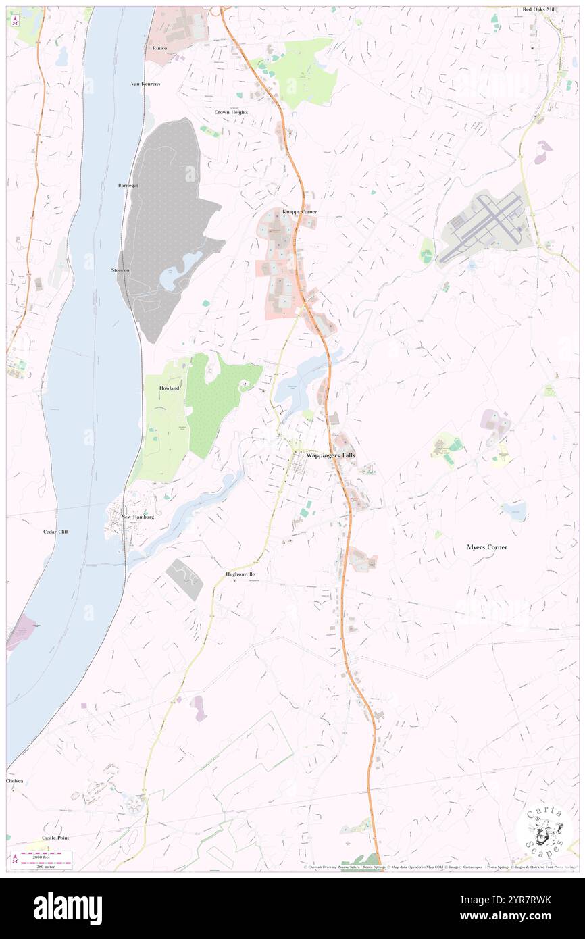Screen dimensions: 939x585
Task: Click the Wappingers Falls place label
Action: (x=330, y=455)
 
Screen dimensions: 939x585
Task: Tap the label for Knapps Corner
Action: (x=299, y=212)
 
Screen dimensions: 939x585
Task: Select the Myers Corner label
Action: (x=487, y=547)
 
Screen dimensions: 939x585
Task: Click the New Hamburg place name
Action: (x=138, y=517)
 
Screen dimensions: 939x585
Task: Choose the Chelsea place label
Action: (x=16, y=780)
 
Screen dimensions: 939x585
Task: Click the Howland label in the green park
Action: (x=170, y=388)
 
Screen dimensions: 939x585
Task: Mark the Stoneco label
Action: (x=122, y=270)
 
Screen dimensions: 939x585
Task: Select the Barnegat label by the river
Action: (x=128, y=185)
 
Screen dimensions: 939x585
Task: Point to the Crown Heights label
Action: (x=231, y=112)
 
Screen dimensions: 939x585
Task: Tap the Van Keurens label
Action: (x=145, y=84)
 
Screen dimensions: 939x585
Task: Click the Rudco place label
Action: (x=159, y=49)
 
